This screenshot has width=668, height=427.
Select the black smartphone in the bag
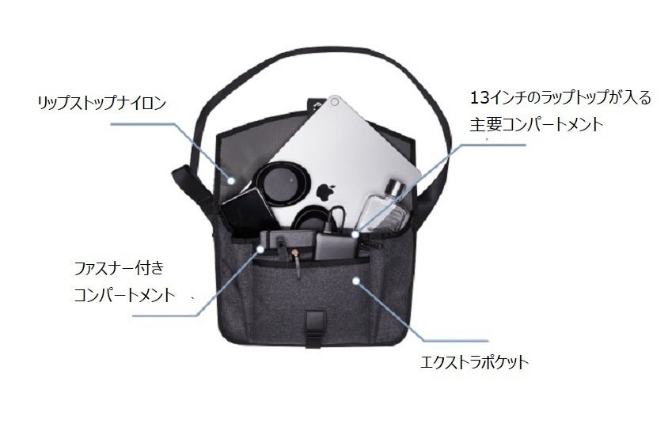tap(245, 211)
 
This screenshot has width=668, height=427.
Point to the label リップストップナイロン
tap(101, 104)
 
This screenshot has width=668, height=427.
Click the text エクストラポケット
tap(475, 363)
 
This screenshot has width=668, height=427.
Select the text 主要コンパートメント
tap(535, 124)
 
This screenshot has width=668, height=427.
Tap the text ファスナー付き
tap(118, 267)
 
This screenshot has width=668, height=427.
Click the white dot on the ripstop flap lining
tap(233, 179)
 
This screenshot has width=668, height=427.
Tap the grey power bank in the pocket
tap(332, 244)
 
